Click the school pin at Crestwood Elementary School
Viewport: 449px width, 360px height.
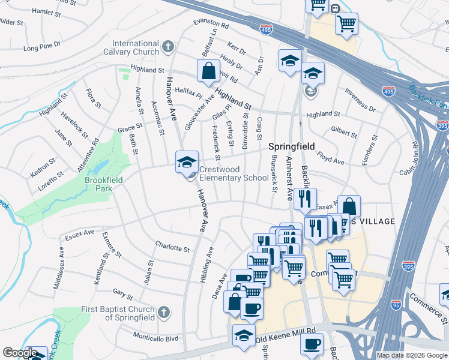coord(187,162)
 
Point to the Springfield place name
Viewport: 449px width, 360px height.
coord(291,146)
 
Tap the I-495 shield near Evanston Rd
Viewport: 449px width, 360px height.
coord(266,28)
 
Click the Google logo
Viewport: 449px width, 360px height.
coord(20,353)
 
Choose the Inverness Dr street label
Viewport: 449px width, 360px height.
coord(360,101)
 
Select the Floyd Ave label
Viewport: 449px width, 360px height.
coord(330,158)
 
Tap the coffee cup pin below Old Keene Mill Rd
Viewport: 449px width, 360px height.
coord(312,344)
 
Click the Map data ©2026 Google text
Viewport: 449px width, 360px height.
coord(412,355)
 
